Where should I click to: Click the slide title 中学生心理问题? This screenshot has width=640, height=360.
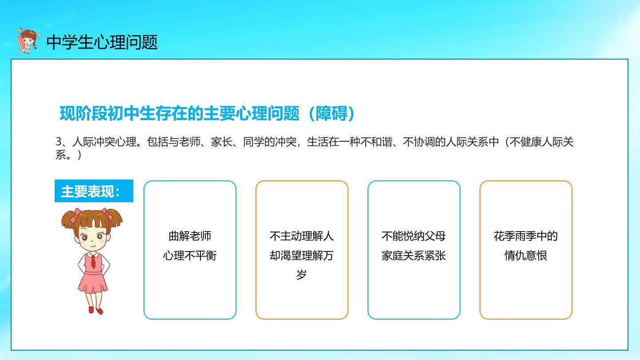pos(102,43)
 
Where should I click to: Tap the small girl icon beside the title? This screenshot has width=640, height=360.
pos(28,41)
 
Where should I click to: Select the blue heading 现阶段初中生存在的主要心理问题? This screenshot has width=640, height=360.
pos(180,113)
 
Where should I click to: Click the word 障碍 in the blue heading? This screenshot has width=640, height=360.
pos(332,113)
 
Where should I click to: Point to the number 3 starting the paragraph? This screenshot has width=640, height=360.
pos(59,142)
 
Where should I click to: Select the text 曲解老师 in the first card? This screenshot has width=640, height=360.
pos(190,236)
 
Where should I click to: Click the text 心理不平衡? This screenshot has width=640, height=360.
pos(190,255)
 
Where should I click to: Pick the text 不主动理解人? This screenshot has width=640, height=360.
pos(302,236)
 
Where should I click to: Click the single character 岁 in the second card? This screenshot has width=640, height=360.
pos(302,275)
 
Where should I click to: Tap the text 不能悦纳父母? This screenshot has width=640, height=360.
pos(414,236)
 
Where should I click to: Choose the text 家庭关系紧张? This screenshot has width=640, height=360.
pos(414,255)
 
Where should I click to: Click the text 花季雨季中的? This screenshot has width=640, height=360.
pos(526,236)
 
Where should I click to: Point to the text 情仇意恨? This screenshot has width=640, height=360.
pos(526,255)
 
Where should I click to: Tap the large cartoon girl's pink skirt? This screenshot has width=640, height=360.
pos(93,282)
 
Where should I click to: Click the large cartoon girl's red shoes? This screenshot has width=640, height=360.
pos(96,310)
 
